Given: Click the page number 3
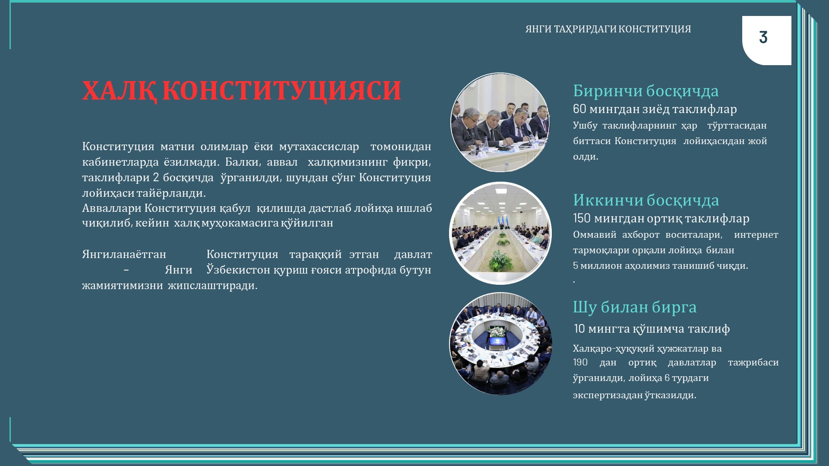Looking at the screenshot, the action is click(763, 37).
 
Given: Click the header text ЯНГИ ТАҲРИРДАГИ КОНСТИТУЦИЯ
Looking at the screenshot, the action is click(608, 29).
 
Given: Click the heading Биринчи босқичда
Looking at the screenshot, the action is click(645, 91).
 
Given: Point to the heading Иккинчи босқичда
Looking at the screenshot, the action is click(646, 200).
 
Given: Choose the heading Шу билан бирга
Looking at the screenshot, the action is click(635, 307).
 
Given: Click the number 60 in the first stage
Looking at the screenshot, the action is click(579, 109).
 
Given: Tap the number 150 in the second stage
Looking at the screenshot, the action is click(582, 218).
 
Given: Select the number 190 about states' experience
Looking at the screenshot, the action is click(580, 362).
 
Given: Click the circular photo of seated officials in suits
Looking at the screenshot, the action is click(500, 123).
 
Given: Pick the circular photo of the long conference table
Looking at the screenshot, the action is click(500, 233).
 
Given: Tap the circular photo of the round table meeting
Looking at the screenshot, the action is click(501, 344).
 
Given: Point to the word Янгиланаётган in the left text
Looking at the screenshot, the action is click(124, 255).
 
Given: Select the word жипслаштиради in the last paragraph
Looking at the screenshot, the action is click(212, 286).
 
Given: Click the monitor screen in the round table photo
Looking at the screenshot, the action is click(497, 341).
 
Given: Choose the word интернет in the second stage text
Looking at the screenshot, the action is click(756, 235).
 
